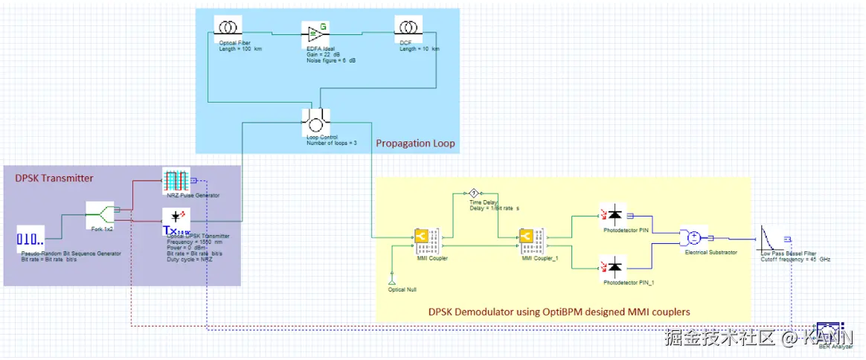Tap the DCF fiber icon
coord(407,28)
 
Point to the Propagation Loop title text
coord(414,143)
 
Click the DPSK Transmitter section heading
coord(54,178)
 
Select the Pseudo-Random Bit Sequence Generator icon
coord(31,240)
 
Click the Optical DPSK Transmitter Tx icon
coord(176,220)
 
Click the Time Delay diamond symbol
coord(472,192)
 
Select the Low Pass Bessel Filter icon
coord(772,238)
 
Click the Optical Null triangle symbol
coord(391,279)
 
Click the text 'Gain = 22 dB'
coord(322,54)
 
